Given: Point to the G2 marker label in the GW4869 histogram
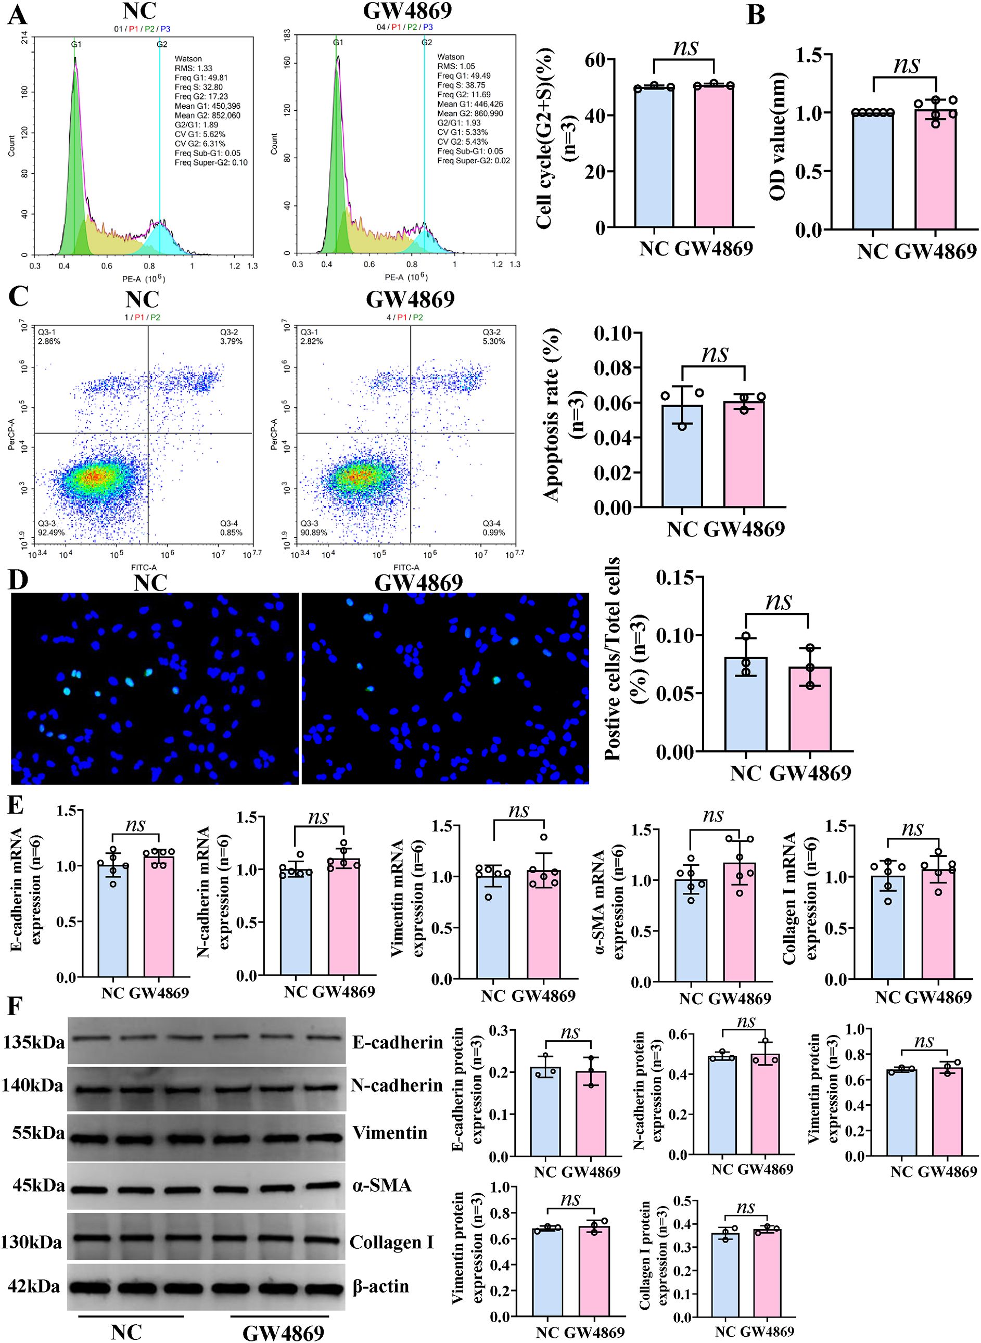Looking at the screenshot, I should [x=426, y=42].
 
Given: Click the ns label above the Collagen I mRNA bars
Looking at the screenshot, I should [x=913, y=829].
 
